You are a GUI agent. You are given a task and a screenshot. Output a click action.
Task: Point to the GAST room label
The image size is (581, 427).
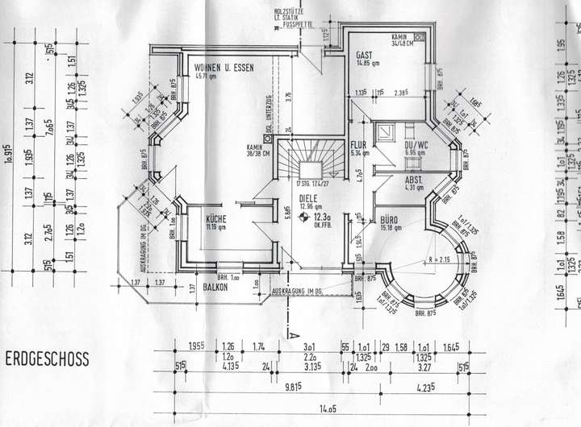tap(364, 55)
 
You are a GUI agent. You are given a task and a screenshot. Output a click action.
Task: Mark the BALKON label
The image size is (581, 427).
tap(216, 286)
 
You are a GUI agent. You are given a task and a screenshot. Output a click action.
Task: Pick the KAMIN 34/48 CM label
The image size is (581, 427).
tap(403, 40)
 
